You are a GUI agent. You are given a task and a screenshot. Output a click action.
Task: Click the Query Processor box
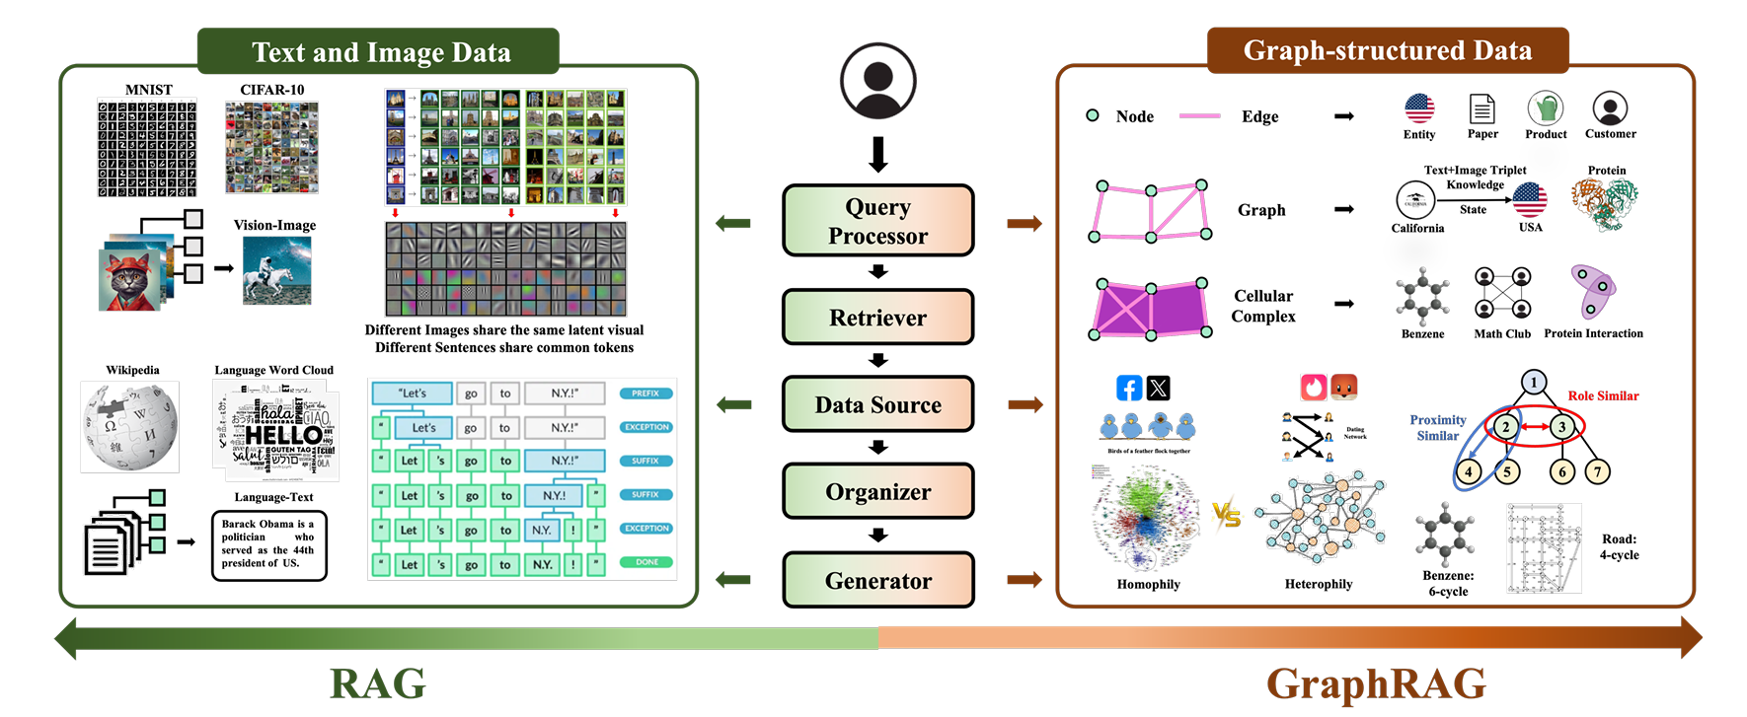[x=877, y=221]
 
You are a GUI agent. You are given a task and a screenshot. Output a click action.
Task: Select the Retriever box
[x=877, y=318]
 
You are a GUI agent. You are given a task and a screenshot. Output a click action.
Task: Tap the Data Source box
[x=877, y=404]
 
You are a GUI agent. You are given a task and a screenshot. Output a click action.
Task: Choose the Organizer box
[x=877, y=491]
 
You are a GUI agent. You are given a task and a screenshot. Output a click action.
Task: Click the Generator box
[x=877, y=580]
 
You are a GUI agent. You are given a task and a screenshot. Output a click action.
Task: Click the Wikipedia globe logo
[x=130, y=427]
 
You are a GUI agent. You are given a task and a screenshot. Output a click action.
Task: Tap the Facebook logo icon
[x=1128, y=388]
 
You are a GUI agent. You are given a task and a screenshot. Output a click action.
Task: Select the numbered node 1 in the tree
[x=1533, y=382]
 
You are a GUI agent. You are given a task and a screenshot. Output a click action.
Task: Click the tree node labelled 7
[x=1597, y=471]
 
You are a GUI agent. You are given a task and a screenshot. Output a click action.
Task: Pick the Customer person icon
[x=1609, y=108]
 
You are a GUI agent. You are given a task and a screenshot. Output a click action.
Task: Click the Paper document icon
[x=1481, y=108]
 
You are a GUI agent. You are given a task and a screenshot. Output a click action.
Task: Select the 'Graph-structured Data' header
[x=1387, y=50]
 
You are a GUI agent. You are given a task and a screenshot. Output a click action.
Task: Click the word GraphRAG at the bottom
[x=1376, y=683]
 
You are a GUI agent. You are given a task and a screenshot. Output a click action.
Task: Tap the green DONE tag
[x=646, y=562]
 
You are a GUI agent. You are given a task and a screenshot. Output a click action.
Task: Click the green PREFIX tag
[x=646, y=394]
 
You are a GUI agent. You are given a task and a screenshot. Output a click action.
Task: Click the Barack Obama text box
[x=268, y=544]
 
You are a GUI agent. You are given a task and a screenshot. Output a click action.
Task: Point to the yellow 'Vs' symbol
[x=1226, y=514]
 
